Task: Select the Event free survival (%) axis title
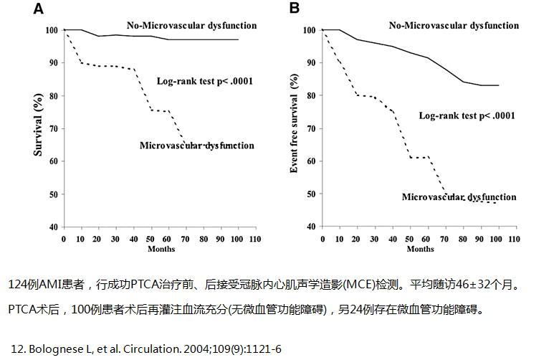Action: [294, 123]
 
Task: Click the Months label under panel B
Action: [419, 249]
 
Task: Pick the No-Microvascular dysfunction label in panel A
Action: [191, 26]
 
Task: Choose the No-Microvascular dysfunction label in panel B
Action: [454, 26]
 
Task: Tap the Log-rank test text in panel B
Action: [467, 115]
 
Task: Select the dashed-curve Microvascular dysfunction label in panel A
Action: [196, 146]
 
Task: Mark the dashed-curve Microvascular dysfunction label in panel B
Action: [459, 196]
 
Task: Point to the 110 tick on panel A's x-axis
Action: [255, 239]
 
